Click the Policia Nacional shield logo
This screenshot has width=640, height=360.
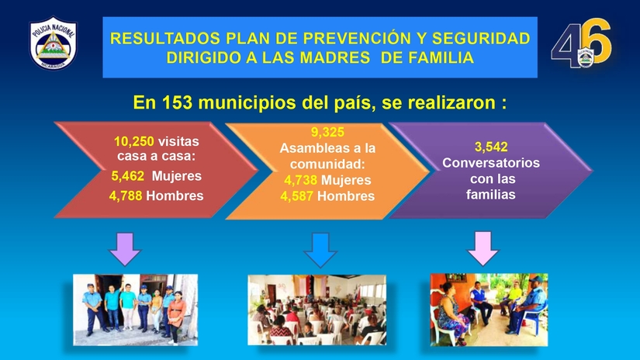tap(53, 43)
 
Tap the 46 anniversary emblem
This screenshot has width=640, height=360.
tap(581, 43)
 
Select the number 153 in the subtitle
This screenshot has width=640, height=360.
tap(177, 102)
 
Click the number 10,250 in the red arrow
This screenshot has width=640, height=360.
tap(134, 141)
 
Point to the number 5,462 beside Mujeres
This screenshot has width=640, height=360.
tap(128, 176)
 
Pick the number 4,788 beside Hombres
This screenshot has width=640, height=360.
tap(126, 196)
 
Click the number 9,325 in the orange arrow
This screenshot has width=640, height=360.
tap(327, 132)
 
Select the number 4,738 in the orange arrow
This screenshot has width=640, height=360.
tap(301, 180)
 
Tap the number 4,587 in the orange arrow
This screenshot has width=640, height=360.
tap(297, 196)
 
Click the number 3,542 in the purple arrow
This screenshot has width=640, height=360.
tap(491, 147)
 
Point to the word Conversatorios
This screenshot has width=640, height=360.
tap(491, 162)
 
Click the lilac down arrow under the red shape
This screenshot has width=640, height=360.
tap(125, 249)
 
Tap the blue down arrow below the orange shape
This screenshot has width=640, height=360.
tap(320, 250)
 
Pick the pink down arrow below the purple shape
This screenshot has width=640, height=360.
tap(483, 248)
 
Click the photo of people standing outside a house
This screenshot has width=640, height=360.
tap(136, 310)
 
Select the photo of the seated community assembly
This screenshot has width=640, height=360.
tap(317, 310)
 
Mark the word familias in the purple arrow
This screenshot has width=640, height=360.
tap(490, 194)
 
